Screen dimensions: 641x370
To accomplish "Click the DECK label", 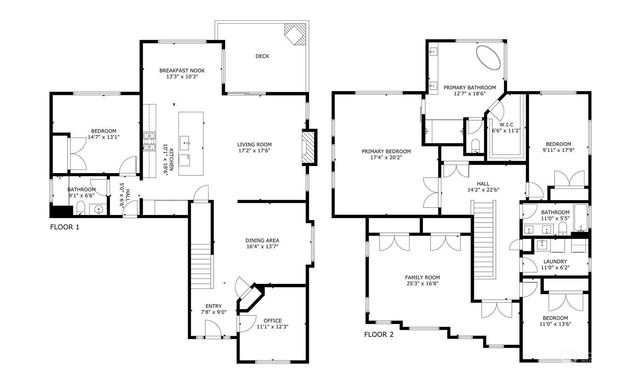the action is click(x=262, y=56).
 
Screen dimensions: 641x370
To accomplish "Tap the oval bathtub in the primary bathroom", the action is click(x=488, y=58).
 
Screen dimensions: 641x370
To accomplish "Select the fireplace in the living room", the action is click(x=309, y=147).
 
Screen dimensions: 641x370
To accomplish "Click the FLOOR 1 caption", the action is click(x=65, y=227).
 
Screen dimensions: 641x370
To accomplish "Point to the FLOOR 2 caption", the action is click(x=379, y=334).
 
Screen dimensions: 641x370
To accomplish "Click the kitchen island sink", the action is click(x=184, y=143).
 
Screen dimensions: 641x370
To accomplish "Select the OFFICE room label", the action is click(x=273, y=321).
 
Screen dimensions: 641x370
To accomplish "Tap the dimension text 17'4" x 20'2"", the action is click(x=386, y=158).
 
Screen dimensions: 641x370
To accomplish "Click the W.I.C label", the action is click(x=506, y=125).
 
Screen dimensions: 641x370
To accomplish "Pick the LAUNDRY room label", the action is click(x=555, y=262).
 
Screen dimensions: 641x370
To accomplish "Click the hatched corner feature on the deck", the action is click(x=296, y=34).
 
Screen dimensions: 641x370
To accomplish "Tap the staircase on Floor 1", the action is click(x=202, y=266).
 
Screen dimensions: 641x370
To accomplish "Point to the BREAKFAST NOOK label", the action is click(x=182, y=71).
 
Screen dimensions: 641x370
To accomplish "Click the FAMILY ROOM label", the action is click(x=422, y=277).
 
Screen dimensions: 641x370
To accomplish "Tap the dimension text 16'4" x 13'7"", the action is click(x=262, y=247).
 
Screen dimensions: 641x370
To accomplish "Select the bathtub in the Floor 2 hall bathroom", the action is click(x=581, y=218).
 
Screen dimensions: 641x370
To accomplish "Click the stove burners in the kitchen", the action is click(x=149, y=141).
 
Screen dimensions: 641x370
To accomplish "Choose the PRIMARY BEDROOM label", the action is click(x=386, y=152).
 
